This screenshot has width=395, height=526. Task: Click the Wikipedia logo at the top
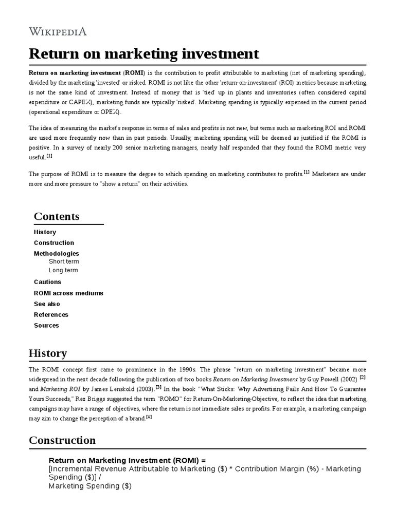[58, 31]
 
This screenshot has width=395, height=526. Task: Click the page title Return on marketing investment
[144, 54]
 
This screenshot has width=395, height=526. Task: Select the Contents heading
[57, 216]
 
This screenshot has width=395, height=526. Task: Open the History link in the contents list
[45, 232]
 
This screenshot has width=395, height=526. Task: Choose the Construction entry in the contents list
[54, 243]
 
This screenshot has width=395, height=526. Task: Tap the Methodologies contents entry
[57, 254]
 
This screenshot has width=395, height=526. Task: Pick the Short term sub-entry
[64, 261]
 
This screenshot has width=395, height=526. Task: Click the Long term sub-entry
[63, 270]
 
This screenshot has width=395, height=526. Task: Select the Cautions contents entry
[47, 282]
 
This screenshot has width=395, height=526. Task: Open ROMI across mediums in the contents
[68, 293]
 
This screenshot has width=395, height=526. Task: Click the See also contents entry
[47, 304]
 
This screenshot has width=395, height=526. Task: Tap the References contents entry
[51, 315]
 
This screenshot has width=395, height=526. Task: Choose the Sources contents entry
[46, 326]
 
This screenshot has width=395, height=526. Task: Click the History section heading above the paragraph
[48, 353]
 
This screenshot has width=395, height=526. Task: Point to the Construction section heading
[62, 440]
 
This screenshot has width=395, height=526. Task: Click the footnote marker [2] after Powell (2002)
[363, 377]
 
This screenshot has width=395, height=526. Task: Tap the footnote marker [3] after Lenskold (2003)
[158, 386]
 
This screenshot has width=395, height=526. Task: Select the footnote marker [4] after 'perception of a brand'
[149, 417]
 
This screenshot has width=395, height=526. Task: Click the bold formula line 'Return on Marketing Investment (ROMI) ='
[127, 460]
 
